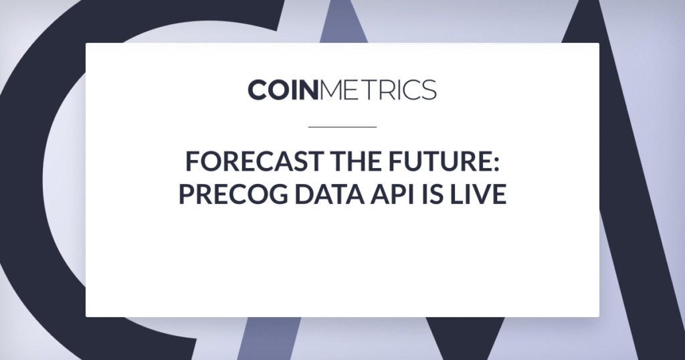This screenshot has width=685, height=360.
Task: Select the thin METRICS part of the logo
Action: tap(378, 90)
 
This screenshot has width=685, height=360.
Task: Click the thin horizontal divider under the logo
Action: tap(342, 127)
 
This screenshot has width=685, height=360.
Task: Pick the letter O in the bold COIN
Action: tap(278, 90)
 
